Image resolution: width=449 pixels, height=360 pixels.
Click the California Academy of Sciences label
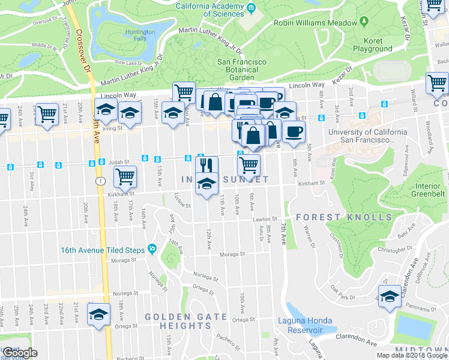coord(209,10)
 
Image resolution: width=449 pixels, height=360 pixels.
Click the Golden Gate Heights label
coord(178,321)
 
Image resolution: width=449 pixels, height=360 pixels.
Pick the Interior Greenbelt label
coord(428,190)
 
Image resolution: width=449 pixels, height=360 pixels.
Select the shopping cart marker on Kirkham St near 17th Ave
coord(125,176)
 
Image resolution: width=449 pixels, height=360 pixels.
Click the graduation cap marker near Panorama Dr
coord(390,296)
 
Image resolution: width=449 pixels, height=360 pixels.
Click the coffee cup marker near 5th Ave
coord(293,133)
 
